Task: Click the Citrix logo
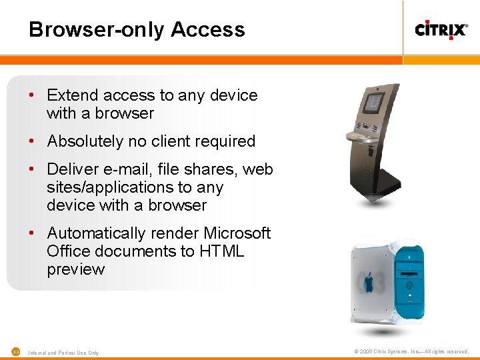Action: click(441, 29)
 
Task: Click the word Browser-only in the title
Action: click(97, 30)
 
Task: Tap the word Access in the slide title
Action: click(208, 30)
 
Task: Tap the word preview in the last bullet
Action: click(75, 269)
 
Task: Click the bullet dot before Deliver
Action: click(31, 169)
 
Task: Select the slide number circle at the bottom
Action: click(16, 351)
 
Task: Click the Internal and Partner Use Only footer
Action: click(64, 352)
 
